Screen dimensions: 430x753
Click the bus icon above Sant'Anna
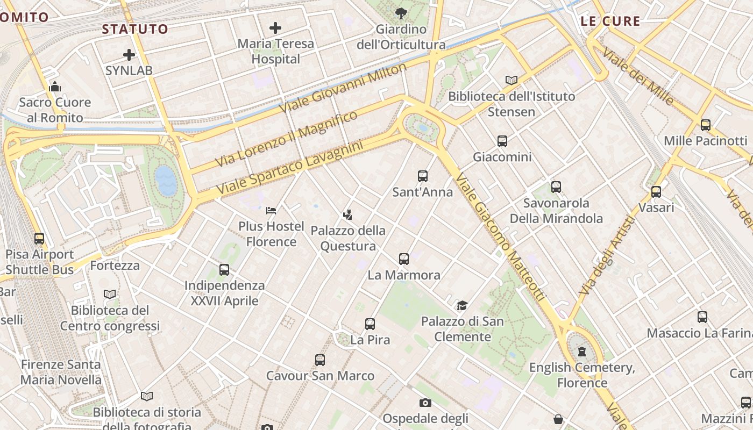tap(423, 176)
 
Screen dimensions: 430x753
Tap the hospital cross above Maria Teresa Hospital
tap(275, 28)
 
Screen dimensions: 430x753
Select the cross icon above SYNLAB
tap(129, 54)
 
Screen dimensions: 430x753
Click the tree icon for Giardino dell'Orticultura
tap(401, 13)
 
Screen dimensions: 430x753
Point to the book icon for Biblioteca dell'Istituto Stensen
tap(512, 81)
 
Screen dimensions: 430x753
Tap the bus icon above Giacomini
tap(502, 141)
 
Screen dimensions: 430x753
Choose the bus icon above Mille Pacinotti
tap(705, 125)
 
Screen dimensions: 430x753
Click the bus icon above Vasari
tap(656, 192)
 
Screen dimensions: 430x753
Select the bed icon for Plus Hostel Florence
tap(271, 210)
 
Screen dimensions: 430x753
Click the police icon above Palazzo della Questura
tap(347, 215)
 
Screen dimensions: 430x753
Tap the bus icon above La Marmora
tap(404, 259)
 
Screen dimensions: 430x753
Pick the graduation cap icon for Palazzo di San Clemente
tap(462, 306)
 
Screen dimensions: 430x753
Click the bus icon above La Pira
tap(370, 324)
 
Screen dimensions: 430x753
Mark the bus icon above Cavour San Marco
tap(320, 360)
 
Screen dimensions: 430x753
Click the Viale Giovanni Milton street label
tap(343, 88)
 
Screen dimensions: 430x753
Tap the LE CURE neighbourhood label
tap(610, 21)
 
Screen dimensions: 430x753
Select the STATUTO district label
tap(135, 29)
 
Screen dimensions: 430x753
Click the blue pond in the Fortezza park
tap(166, 180)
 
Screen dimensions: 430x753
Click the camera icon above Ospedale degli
tap(425, 403)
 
